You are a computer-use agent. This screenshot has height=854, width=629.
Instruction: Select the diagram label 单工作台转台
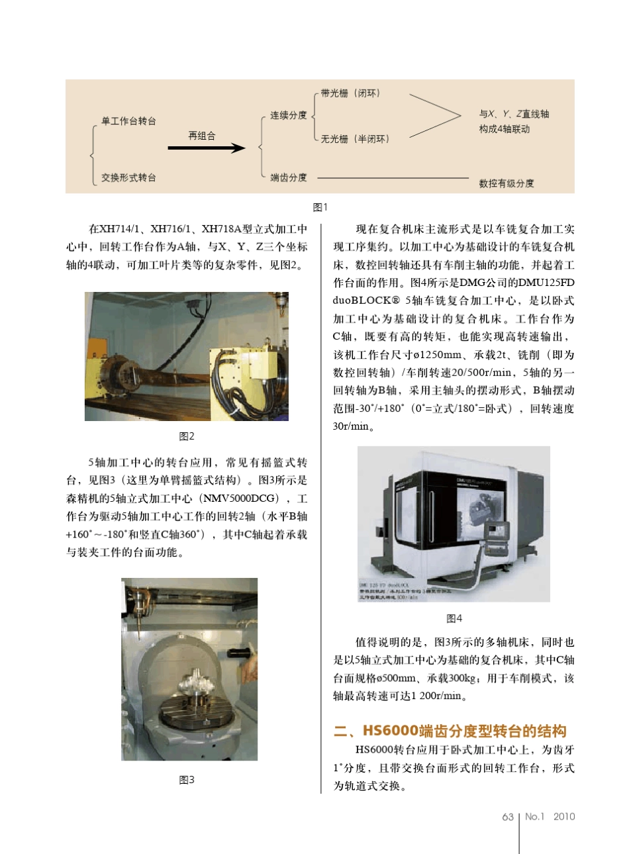[129, 121]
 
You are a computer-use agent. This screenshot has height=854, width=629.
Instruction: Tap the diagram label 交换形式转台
[129, 177]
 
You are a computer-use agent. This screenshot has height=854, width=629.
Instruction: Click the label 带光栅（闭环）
[350, 93]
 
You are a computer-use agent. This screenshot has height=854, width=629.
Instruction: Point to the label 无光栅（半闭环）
[355, 139]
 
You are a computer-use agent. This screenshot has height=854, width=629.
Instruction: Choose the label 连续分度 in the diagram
[288, 115]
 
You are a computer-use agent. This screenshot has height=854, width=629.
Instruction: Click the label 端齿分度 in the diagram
[288, 177]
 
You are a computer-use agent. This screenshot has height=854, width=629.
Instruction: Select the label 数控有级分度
[507, 183]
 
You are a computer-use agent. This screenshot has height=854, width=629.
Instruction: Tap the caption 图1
[320, 207]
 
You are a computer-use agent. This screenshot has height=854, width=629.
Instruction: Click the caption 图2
[187, 436]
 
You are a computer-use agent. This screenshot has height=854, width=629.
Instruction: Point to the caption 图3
[187, 780]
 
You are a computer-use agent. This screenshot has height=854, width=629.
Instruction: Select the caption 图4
[454, 618]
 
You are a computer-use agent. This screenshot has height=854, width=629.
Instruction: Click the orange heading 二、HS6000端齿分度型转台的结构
[450, 731]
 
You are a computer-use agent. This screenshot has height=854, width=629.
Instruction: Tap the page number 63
[508, 817]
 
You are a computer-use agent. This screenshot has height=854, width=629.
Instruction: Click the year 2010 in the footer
[564, 817]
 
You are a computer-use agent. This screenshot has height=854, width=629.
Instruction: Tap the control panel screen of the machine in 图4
[498, 530]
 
